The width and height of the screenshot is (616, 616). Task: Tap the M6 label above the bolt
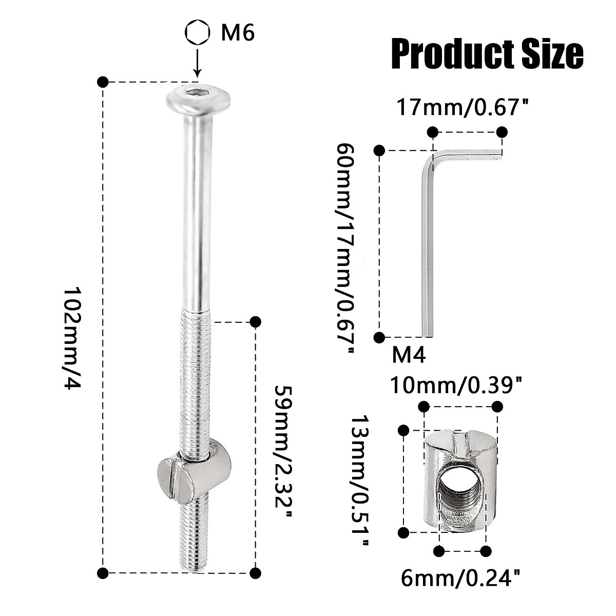coord(237,34)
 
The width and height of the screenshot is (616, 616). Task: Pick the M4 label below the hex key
coord(409,355)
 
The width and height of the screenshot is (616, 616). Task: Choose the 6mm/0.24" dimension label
coord(457,579)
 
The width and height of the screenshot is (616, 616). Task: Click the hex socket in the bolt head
coord(197,94)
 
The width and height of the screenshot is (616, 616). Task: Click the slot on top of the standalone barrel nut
coord(460,441)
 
